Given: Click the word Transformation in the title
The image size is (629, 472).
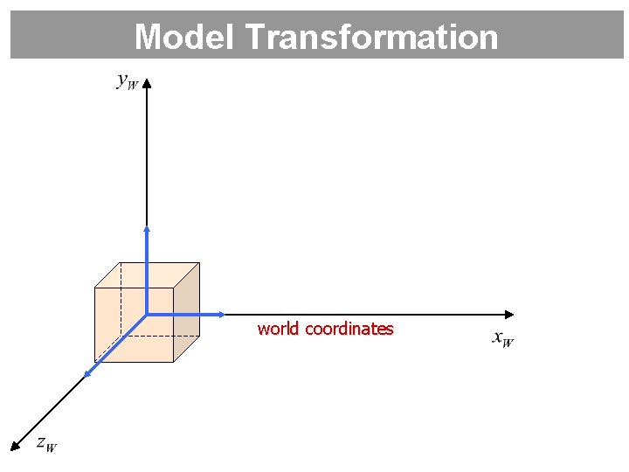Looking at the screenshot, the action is tap(371, 37).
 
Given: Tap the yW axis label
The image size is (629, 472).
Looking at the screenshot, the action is tap(127, 82).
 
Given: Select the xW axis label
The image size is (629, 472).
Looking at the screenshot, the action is tap(503, 338).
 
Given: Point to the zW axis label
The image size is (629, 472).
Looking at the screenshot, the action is tap(47, 444).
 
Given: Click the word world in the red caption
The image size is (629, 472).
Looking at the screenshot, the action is tap(278, 330).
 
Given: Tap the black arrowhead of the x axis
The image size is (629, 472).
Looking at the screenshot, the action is tap(509, 314).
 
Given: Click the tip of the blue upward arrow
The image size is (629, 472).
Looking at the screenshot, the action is tap(147, 228).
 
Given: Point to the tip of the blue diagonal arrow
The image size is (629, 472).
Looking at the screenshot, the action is tap(86, 376).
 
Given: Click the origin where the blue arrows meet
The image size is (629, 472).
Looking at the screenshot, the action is tap(147, 314).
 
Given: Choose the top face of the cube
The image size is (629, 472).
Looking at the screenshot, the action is tap(147, 274).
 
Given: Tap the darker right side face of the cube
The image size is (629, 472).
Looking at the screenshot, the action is tap(186, 312).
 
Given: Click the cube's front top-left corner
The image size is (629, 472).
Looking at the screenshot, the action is tap(94, 288).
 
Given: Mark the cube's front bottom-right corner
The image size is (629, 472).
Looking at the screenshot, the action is tap(173, 361).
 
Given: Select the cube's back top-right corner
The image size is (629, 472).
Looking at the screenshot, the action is tap(199, 262).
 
